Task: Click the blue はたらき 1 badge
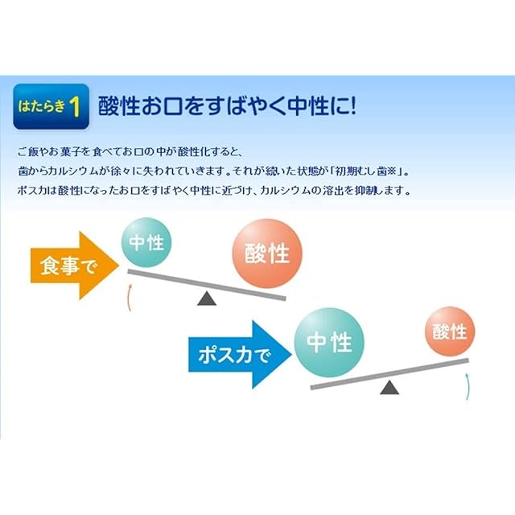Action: (x=51, y=106)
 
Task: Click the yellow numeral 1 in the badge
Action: (x=75, y=107)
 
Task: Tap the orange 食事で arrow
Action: (x=75, y=266)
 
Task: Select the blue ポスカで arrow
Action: (x=240, y=355)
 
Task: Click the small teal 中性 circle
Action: (x=146, y=242)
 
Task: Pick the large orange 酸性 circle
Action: (x=267, y=253)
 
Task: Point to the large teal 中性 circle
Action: (x=329, y=342)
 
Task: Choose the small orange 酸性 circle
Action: (x=450, y=331)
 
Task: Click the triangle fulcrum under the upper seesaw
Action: (x=207, y=299)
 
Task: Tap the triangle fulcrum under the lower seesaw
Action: (x=389, y=387)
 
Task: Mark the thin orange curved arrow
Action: (x=129, y=297)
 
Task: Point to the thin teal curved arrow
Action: (x=468, y=386)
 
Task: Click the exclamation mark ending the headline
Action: (x=352, y=105)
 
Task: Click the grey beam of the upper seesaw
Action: (x=207, y=285)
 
